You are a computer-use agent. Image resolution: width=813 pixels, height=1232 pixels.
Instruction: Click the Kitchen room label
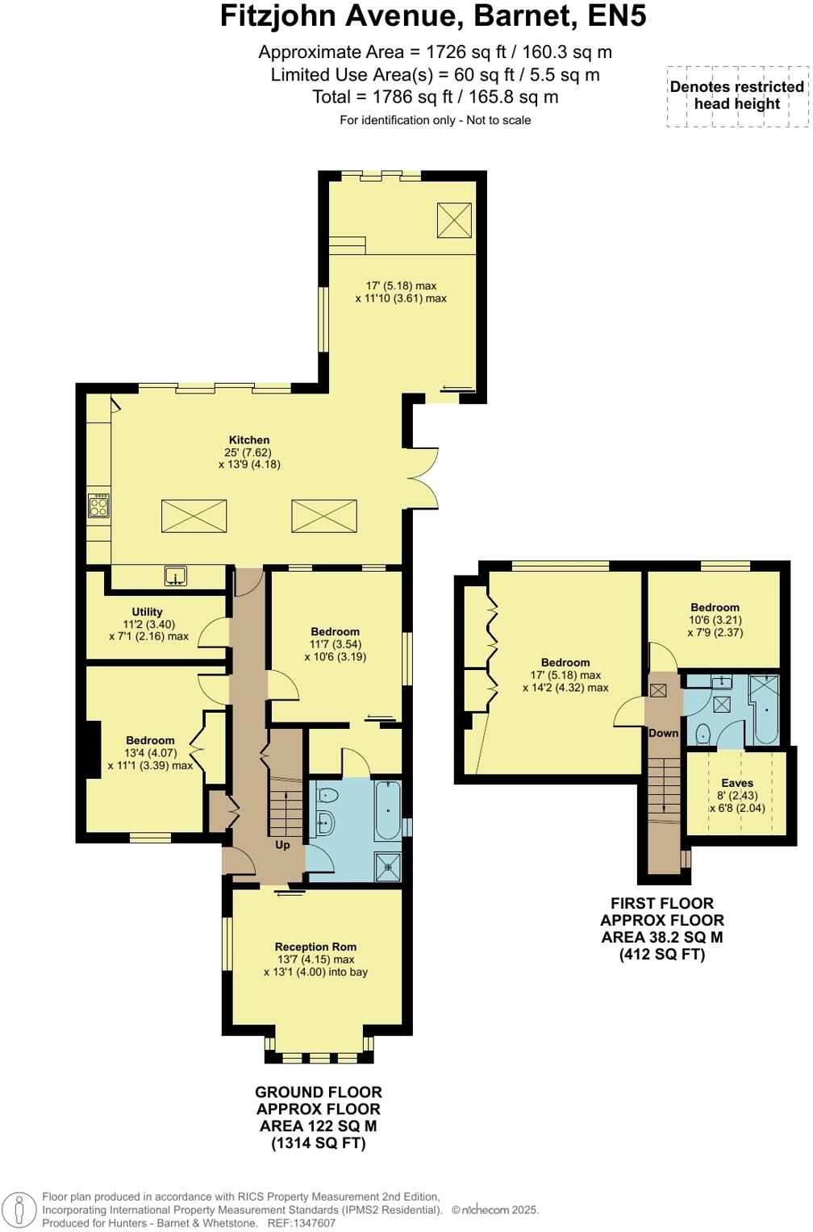coord(248,440)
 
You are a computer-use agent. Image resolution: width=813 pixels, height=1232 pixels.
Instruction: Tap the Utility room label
coord(148,612)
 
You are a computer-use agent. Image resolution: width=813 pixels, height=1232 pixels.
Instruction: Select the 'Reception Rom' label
coord(315,947)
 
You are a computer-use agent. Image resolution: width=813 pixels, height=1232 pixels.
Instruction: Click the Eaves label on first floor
coord(737,783)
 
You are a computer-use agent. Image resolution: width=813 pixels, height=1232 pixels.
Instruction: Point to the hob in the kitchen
coord(98,506)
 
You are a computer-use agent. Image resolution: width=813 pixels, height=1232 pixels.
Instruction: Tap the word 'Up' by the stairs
coord(282,845)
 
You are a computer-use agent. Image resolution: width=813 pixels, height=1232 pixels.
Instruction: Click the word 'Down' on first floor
coord(664,733)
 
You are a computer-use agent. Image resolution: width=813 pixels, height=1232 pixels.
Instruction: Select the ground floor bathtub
coord(388,810)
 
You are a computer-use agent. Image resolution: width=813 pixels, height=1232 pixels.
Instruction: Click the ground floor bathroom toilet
coord(327,795)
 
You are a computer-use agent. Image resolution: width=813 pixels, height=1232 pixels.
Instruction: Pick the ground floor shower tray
coord(388,867)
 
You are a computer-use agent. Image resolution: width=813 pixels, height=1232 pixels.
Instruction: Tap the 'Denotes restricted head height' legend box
coord(736,96)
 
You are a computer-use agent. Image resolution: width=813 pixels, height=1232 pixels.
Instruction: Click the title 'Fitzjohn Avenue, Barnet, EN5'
coord(433,16)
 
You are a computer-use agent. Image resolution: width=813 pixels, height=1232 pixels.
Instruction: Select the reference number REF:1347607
coord(302,1223)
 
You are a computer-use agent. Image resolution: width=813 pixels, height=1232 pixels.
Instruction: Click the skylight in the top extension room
coord(454,220)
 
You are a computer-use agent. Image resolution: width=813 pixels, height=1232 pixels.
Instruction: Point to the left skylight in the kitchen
coord(194,516)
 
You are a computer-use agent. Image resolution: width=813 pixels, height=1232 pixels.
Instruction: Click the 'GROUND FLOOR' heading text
coord(318,1092)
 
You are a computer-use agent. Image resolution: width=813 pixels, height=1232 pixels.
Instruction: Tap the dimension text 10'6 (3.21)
coord(715,620)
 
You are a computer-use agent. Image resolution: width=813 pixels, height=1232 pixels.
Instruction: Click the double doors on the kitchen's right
coord(425,477)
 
